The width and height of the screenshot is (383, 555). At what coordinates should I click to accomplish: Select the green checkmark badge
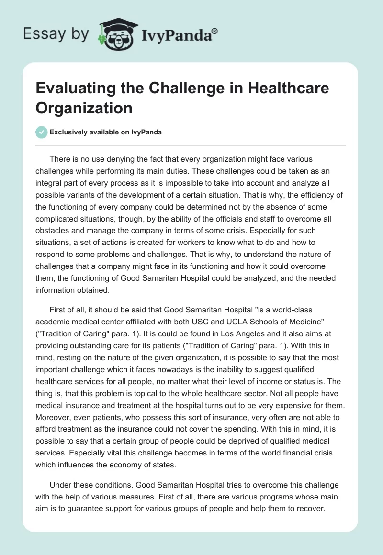pyautogui.click(x=41, y=132)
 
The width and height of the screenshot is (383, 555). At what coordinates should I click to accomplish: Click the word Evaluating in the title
pyautogui.click(x=76, y=89)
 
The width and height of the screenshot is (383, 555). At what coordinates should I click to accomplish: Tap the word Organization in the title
pyautogui.click(x=84, y=108)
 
